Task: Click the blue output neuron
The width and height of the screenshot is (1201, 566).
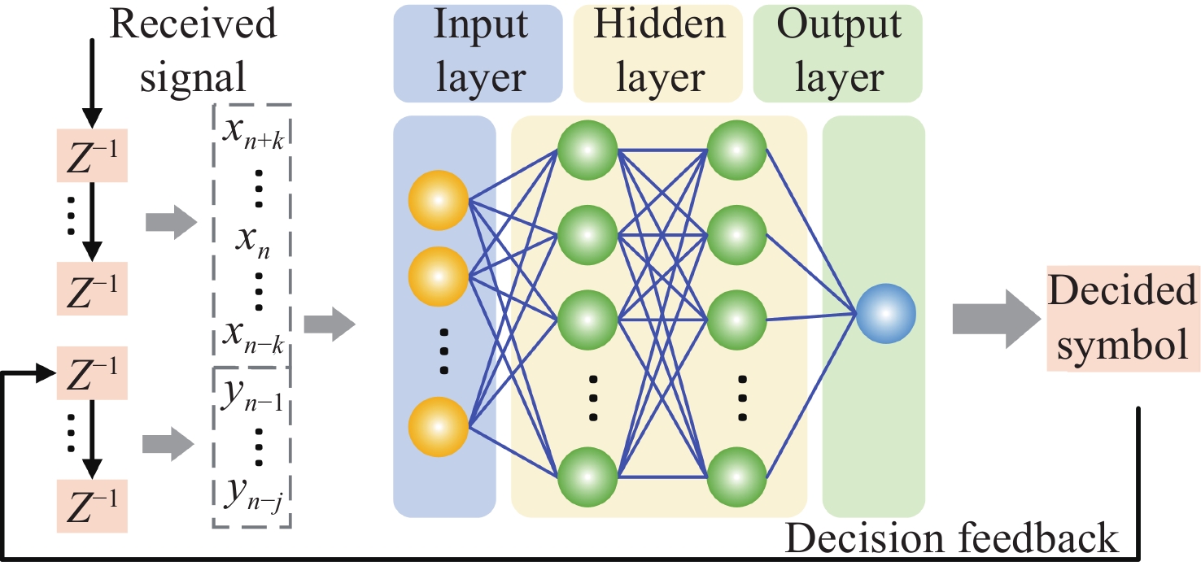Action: point(885,314)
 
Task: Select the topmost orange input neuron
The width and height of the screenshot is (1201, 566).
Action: point(438,200)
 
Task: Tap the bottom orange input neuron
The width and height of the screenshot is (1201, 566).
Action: point(438,427)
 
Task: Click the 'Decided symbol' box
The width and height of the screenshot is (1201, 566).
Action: point(1123,318)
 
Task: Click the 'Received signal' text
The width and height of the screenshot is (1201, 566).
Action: point(193,50)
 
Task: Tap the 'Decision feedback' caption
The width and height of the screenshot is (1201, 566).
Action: point(952,538)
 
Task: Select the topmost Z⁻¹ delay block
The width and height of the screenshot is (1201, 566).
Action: point(92,155)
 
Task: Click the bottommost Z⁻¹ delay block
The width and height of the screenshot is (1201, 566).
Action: point(92,506)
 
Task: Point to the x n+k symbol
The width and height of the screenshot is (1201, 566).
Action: point(253,133)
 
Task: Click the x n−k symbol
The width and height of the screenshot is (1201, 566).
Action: point(253,336)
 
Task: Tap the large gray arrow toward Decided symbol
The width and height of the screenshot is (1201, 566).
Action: point(996,320)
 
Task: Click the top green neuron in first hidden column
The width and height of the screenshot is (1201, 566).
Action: point(587,150)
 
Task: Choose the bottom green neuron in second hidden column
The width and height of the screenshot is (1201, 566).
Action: point(736,477)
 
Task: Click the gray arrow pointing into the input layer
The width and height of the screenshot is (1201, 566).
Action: point(330,324)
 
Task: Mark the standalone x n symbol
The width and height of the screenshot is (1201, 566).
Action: point(252,242)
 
